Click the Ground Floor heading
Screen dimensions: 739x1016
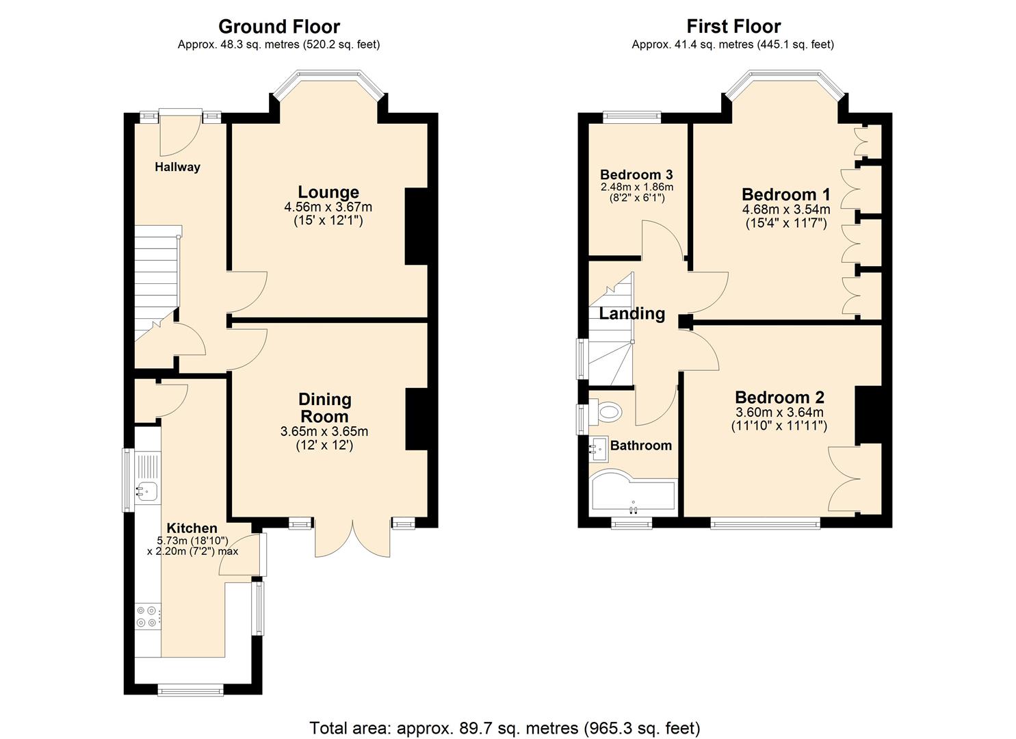[278, 27]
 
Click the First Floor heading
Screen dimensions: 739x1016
[733, 27]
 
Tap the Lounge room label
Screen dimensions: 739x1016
[328, 192]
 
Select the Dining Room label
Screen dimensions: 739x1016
[325, 408]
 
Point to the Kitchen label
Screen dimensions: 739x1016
[192, 528]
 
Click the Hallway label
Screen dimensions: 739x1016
[177, 167]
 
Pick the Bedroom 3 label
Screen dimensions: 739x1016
[636, 174]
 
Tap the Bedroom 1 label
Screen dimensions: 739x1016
[786, 194]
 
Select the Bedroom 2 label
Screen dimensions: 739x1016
[779, 398]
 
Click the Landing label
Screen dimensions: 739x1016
[632, 313]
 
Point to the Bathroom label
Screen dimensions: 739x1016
[641, 445]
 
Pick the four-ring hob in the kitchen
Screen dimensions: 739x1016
[147, 617]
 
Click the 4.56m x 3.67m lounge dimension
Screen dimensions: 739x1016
[328, 207]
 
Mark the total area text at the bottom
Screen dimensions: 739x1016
[505, 727]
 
